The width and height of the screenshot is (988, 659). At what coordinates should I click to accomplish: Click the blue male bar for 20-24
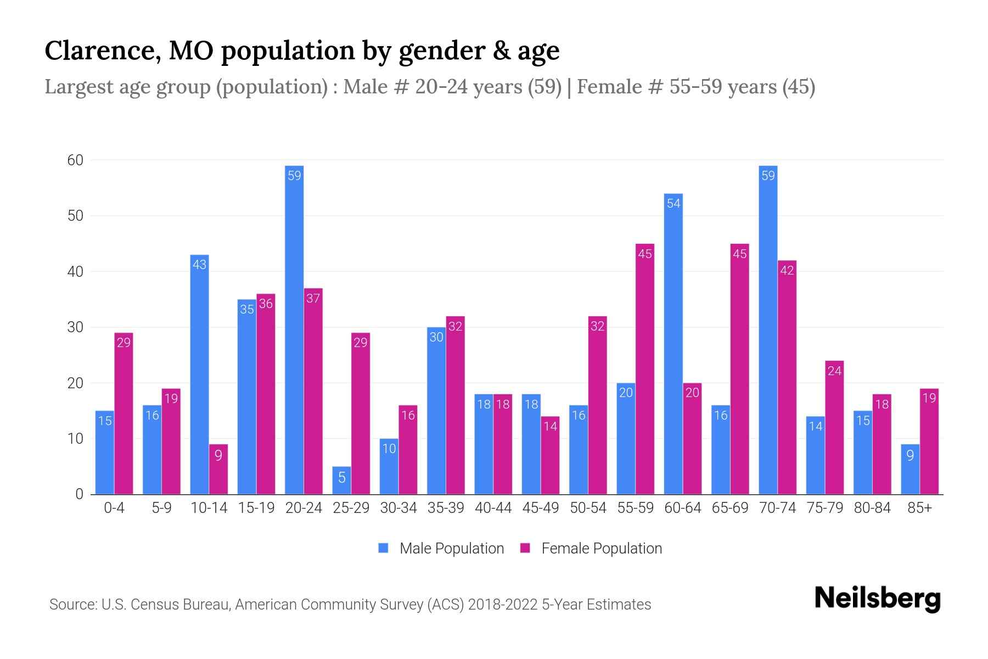(294, 329)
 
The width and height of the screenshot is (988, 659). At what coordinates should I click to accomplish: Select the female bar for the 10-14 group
(218, 469)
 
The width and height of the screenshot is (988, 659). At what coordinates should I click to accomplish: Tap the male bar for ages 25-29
(341, 481)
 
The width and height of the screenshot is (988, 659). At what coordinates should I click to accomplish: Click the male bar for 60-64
(673, 344)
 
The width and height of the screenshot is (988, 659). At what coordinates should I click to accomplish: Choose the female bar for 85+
(929, 442)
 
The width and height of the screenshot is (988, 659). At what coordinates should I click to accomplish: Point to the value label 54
(673, 204)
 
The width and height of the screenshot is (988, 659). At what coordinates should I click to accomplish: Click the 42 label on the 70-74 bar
(787, 270)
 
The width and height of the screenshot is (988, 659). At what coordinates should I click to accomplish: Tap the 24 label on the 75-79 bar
(834, 371)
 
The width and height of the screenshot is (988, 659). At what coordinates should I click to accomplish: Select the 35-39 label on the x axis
(446, 508)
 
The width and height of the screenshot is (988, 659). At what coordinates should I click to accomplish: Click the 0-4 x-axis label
(114, 508)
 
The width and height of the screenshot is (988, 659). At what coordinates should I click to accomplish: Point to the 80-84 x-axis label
(872, 508)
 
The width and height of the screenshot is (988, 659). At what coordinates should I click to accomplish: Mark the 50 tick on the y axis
(75, 216)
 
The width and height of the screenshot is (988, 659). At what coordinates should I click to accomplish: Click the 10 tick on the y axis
(75, 439)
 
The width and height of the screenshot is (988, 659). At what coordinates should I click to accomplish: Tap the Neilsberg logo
(877, 599)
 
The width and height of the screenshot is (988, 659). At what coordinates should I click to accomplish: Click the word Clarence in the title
(102, 51)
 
